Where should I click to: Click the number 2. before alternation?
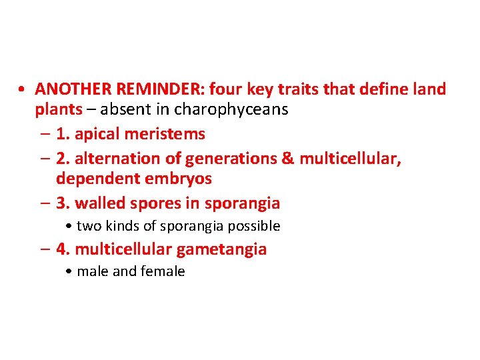63,159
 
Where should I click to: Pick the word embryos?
181,179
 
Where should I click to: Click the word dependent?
99,179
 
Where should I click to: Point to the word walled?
97,203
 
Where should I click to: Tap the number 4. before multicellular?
63,250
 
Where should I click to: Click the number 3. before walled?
63,203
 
